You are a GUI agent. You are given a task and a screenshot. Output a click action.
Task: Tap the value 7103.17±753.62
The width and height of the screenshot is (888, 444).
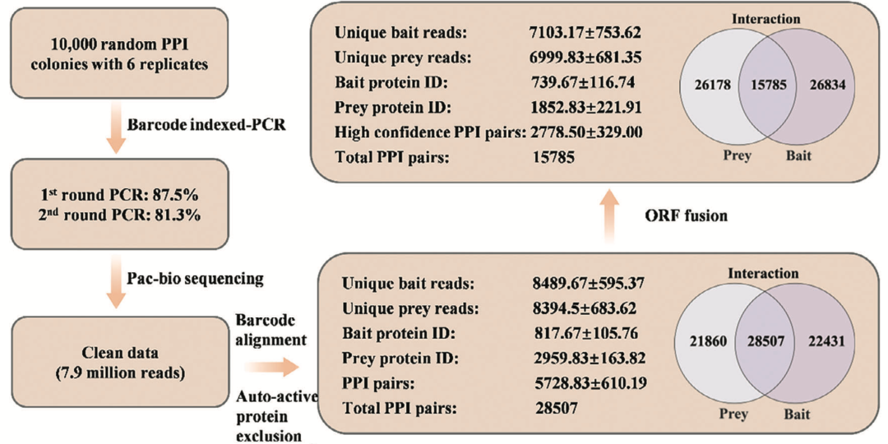tap(583, 32)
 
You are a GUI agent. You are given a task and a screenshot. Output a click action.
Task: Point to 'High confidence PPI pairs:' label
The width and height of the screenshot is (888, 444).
tap(431, 132)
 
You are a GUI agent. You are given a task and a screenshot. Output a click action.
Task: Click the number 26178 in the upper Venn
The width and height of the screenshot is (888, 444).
tap(710, 85)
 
